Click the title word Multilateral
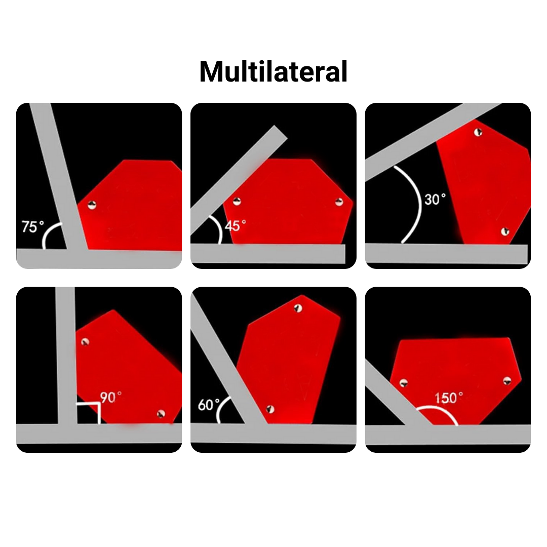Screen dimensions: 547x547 (x=273, y=71)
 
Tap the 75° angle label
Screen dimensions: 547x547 (x=33, y=227)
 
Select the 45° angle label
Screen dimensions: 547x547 (x=235, y=226)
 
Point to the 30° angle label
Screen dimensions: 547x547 (x=435, y=199)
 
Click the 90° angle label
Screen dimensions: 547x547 (x=111, y=398)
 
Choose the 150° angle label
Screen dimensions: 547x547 (x=449, y=398)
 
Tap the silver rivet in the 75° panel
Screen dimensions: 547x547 (x=92, y=205)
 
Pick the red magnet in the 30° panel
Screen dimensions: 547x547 (x=484, y=181)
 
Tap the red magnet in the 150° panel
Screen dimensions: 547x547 (x=456, y=380)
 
